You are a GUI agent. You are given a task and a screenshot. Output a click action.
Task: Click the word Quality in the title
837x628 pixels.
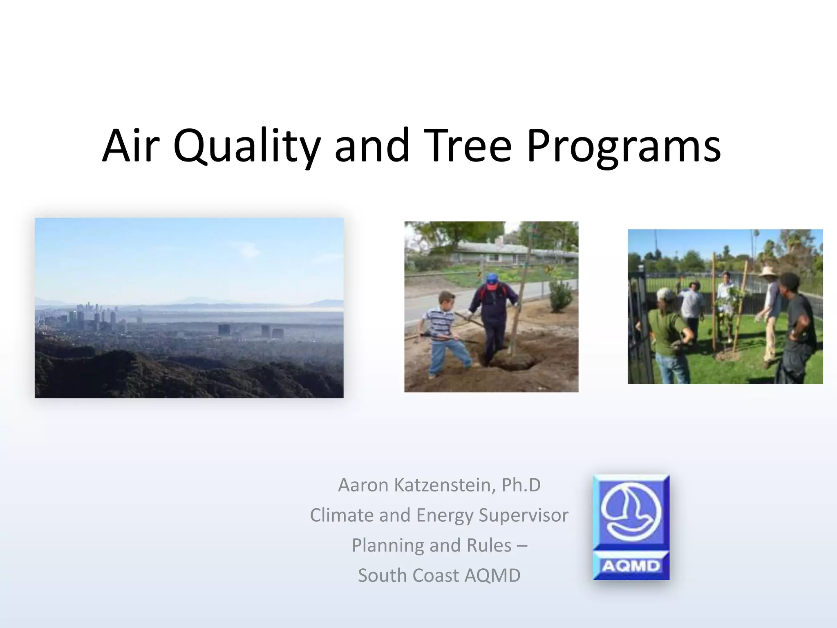[246, 146]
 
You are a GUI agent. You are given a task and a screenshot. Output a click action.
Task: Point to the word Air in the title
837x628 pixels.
[130, 145]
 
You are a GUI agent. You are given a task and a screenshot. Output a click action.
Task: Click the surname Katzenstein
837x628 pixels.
[445, 486]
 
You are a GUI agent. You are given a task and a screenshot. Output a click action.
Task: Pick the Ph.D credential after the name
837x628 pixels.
[521, 485]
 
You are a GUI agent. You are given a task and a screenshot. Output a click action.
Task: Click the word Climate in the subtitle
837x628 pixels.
[342, 515]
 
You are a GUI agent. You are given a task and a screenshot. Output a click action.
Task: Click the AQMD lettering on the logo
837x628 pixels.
[631, 566]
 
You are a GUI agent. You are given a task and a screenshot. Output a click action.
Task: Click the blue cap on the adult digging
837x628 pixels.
[492, 280]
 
